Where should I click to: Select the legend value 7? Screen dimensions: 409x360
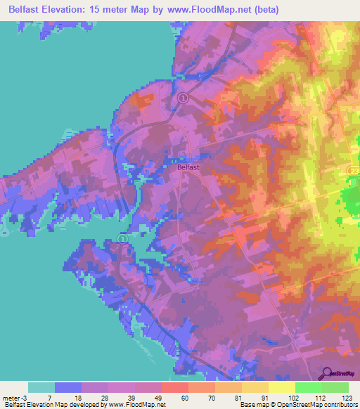point(55,398)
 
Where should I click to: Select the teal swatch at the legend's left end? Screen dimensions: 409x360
point(41,387)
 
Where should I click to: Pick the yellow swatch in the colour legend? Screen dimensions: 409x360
point(281,387)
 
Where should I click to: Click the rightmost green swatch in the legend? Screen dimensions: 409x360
point(335,387)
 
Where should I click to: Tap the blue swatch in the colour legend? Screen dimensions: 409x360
point(68,387)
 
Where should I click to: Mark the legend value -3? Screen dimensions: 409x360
point(27,398)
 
